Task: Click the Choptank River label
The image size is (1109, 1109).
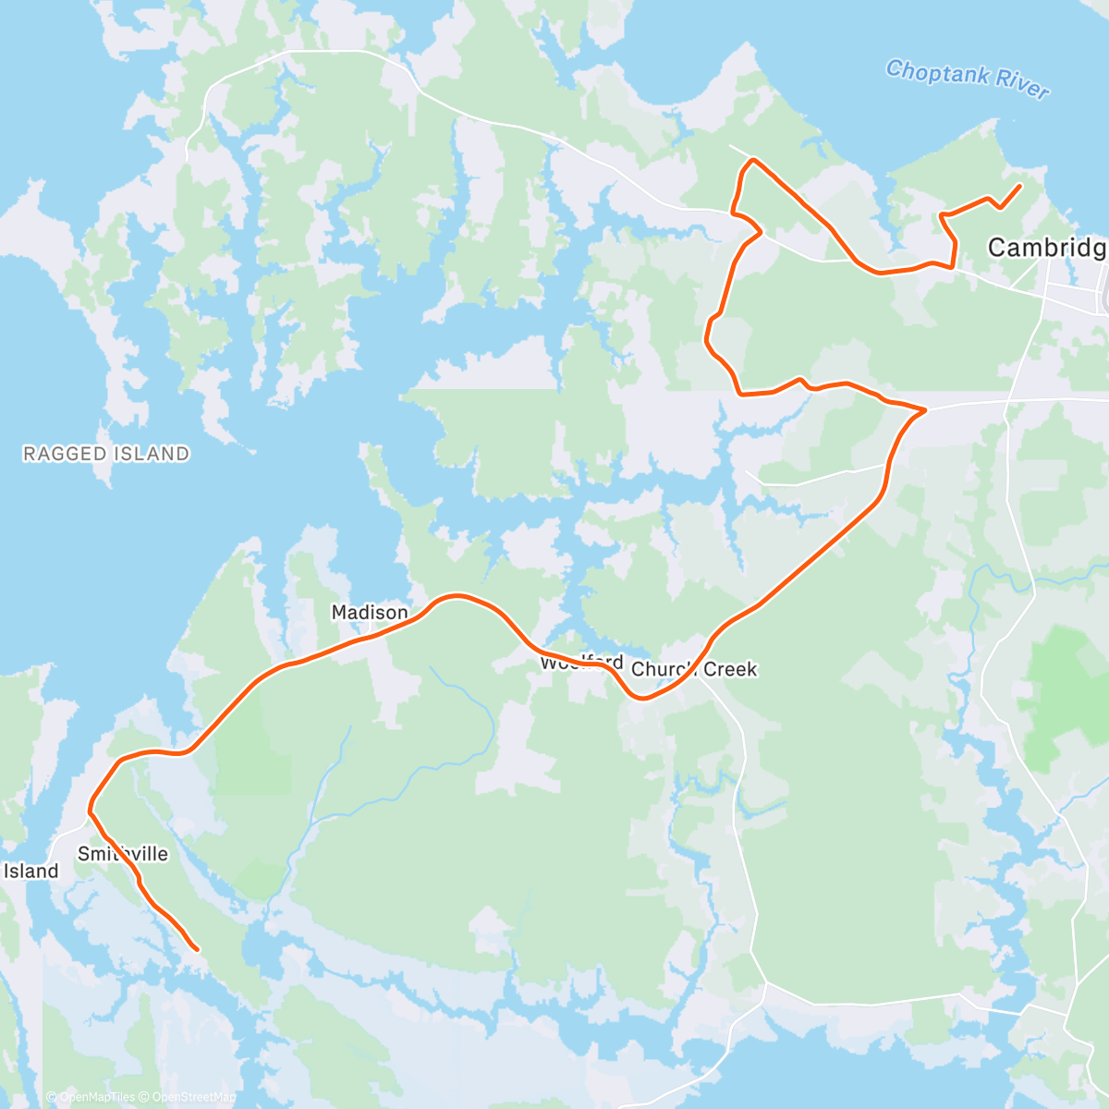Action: [x=967, y=79]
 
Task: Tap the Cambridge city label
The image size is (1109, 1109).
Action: [x=1047, y=248]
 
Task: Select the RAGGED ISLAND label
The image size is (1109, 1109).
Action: [x=106, y=454]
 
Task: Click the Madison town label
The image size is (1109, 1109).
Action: [x=370, y=613]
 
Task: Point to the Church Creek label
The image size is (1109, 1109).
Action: [x=694, y=669]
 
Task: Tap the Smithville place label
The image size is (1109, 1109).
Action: [x=123, y=854]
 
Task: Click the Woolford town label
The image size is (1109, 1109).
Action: [x=581, y=663]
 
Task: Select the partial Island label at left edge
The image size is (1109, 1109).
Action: [x=30, y=871]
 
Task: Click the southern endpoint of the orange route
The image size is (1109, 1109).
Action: [x=197, y=949]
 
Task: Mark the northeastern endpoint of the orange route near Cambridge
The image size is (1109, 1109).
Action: [x=1019, y=186]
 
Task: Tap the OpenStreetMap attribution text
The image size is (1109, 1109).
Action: [x=193, y=1097]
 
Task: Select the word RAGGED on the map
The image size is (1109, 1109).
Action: [x=63, y=454]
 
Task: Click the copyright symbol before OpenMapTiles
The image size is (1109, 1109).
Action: [x=52, y=1097]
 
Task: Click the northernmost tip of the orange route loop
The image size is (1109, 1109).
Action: [x=754, y=160]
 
